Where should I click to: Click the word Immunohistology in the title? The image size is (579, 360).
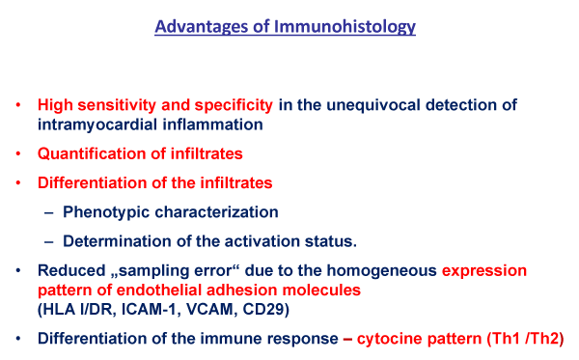pyautogui.click(x=345, y=27)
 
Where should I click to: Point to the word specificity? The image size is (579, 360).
pyautogui.click(x=234, y=105)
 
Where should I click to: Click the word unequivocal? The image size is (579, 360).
pyautogui.click(x=373, y=105)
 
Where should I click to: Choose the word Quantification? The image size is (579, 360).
pyautogui.click(x=96, y=153)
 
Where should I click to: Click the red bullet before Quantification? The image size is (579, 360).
pyautogui.click(x=18, y=153)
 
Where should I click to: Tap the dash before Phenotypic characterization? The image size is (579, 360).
pyautogui.click(x=49, y=212)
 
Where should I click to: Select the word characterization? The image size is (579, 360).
pyautogui.click(x=216, y=212)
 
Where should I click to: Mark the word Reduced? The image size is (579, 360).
pyautogui.click(x=71, y=270)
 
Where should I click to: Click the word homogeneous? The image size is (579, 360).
pyautogui.click(x=382, y=271)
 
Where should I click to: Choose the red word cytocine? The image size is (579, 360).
pyautogui.click(x=389, y=339)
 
